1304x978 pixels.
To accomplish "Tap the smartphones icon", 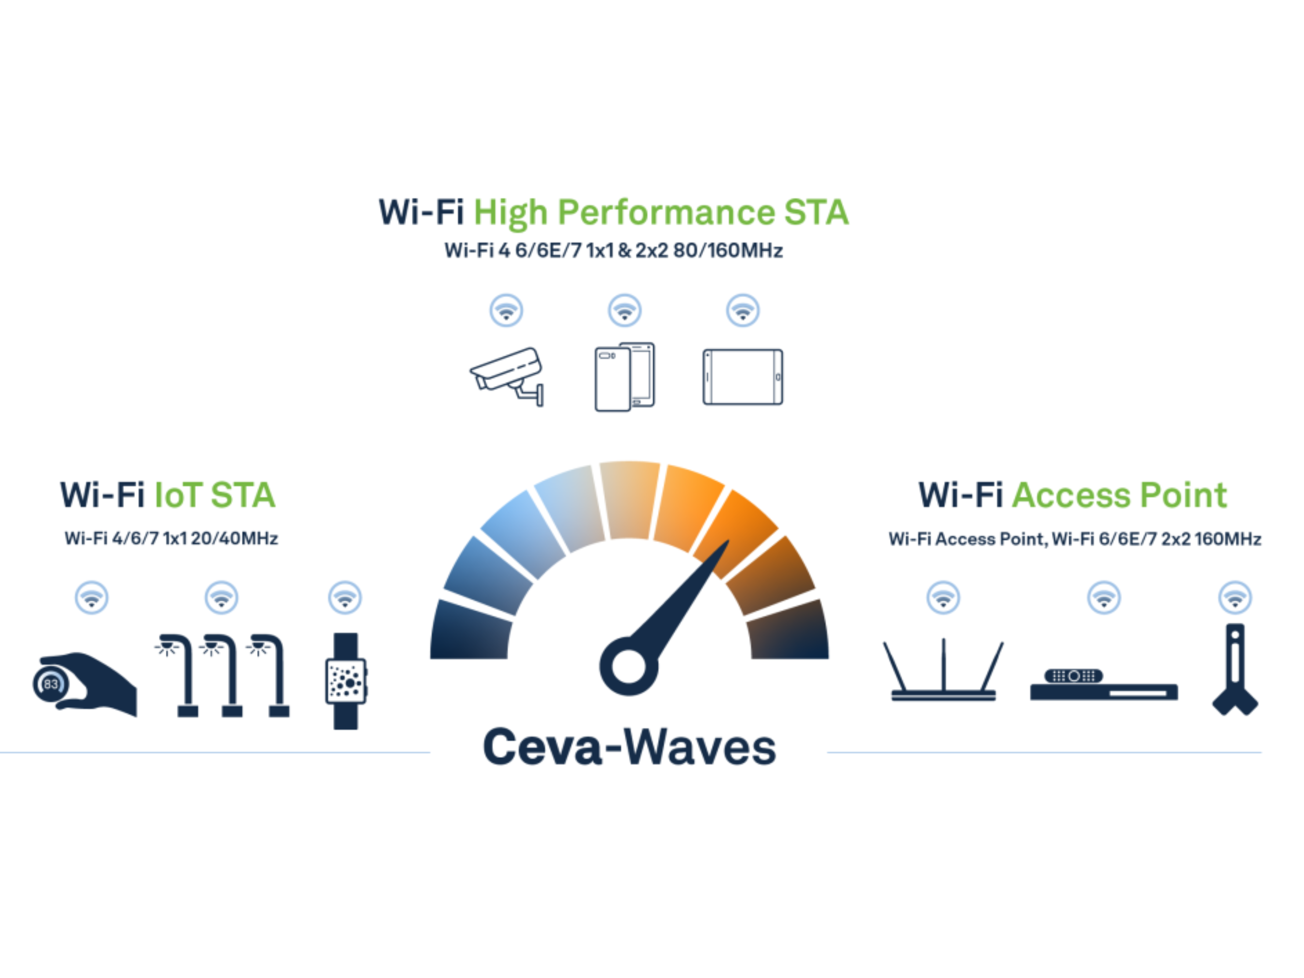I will click(x=624, y=377).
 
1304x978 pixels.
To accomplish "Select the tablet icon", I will click(x=743, y=377).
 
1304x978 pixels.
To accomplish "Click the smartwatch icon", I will click(x=346, y=681).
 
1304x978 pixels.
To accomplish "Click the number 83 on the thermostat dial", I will click(x=51, y=684).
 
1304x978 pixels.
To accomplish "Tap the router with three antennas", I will click(x=943, y=672).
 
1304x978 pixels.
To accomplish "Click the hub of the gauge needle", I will click(x=629, y=666).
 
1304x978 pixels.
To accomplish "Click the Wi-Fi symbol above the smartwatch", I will click(x=345, y=598).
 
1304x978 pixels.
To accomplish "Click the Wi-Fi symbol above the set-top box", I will click(x=1104, y=598).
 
